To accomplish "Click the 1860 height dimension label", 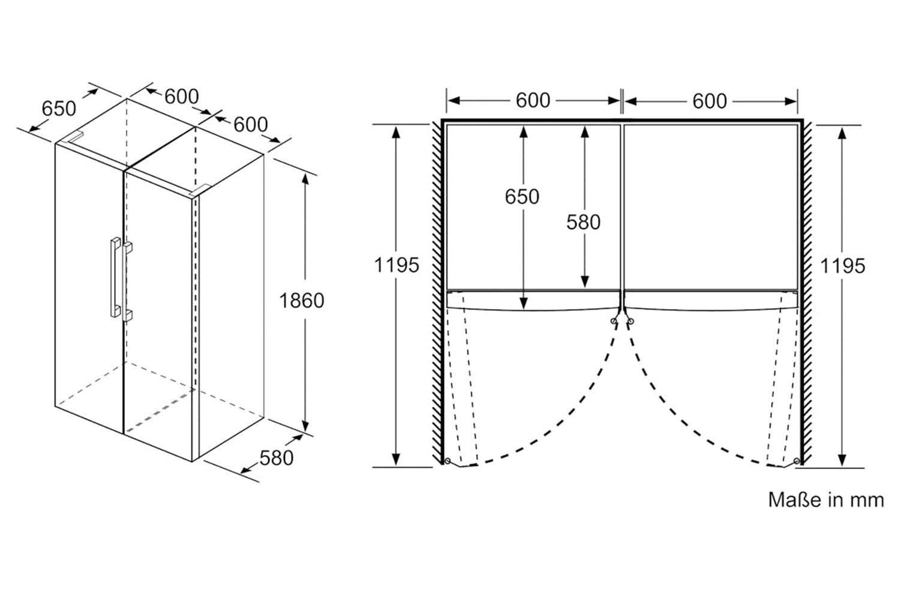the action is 301,301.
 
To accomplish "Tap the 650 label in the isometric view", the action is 59,109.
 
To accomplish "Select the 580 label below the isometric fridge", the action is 277,458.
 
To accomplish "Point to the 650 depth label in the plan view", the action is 522,197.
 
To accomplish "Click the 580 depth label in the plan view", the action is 583,222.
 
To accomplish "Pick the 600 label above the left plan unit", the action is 533,100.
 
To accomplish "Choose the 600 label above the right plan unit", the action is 710,101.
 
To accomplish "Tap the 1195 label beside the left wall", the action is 397,265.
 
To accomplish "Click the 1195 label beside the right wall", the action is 842,266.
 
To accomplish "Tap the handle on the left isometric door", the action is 115,277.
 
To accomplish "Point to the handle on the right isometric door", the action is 128,281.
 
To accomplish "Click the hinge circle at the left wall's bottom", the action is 448,461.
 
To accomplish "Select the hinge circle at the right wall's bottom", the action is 797,461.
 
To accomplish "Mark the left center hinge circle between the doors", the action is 614,321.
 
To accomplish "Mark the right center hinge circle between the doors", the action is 631,321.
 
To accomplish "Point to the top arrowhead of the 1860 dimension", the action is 305,178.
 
